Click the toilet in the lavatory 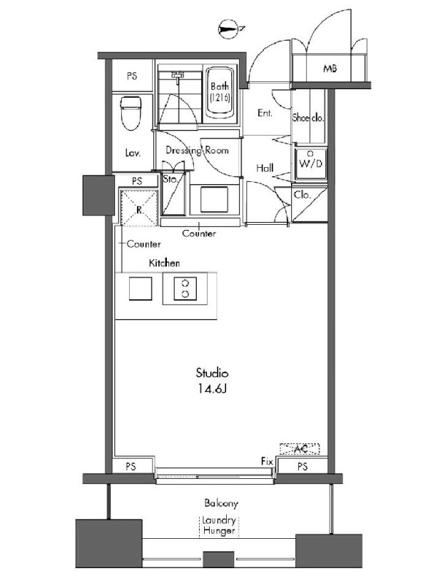[131, 113]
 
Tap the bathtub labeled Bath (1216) [220, 93]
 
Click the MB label [330, 68]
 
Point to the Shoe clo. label [308, 118]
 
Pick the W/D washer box [310, 164]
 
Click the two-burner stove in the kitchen [185, 289]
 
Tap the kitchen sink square [141, 289]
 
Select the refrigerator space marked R [138, 208]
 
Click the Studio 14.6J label [212, 381]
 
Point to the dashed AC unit [300, 449]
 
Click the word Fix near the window [267, 461]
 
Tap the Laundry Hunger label [219, 525]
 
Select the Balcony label [221, 503]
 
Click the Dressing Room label [198, 150]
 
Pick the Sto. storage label [170, 179]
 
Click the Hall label [265, 168]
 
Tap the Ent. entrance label [265, 113]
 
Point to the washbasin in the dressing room [215, 199]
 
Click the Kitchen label [164, 263]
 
